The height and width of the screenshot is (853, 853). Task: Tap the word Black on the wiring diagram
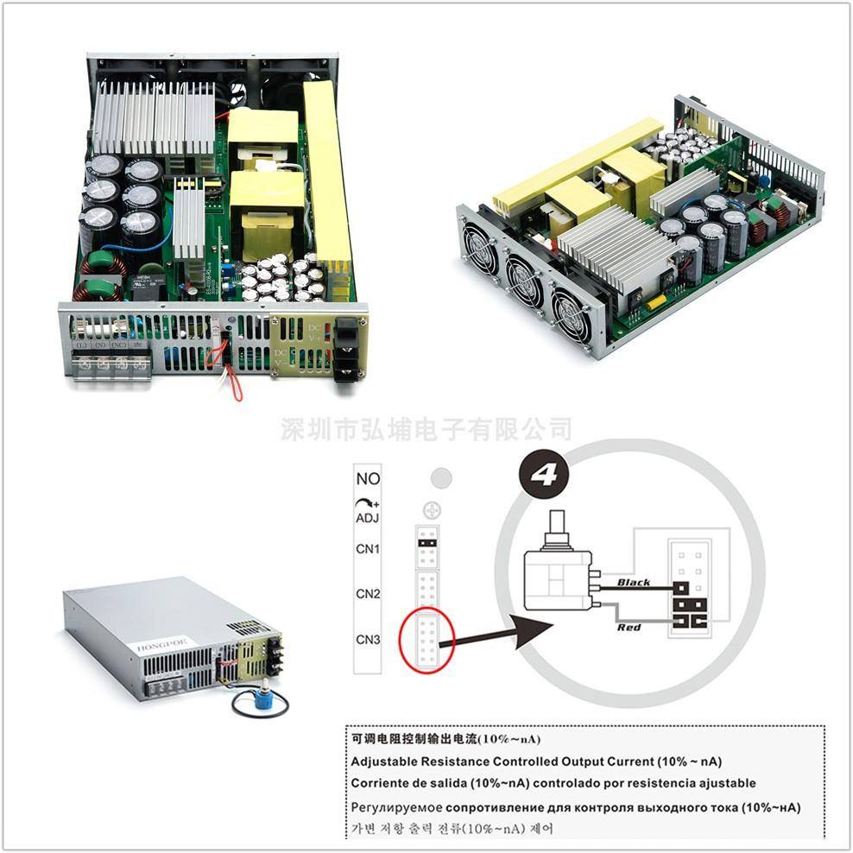634,583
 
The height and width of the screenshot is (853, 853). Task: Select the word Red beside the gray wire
629,627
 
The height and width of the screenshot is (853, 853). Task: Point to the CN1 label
368,548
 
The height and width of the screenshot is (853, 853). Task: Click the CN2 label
368,593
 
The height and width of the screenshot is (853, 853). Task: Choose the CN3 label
368,640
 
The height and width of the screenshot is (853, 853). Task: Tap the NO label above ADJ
368,478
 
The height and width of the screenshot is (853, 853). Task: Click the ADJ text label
368,517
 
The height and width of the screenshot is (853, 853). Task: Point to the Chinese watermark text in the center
426,428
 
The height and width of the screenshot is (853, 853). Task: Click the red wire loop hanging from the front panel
231,380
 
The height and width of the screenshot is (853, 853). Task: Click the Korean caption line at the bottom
452,829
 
